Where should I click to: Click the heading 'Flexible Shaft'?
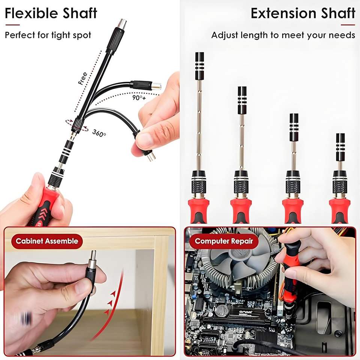click(51, 13)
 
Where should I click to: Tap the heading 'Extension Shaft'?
click(303, 13)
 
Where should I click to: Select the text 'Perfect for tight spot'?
click(48, 35)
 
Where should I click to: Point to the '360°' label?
click(99, 133)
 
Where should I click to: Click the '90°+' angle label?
click(139, 98)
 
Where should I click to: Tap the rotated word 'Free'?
click(82, 78)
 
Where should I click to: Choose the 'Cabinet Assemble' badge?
click(47, 241)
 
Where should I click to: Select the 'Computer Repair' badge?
click(224, 241)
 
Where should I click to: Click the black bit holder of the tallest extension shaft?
click(199, 66)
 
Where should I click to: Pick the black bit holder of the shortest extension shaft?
click(340, 147)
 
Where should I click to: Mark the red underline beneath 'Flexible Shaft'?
click(12, 25)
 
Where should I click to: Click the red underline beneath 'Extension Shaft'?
click(348, 25)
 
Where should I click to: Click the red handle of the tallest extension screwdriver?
click(199, 210)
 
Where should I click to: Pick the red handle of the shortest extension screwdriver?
click(340, 210)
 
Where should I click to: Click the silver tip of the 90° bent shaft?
click(157, 86)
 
